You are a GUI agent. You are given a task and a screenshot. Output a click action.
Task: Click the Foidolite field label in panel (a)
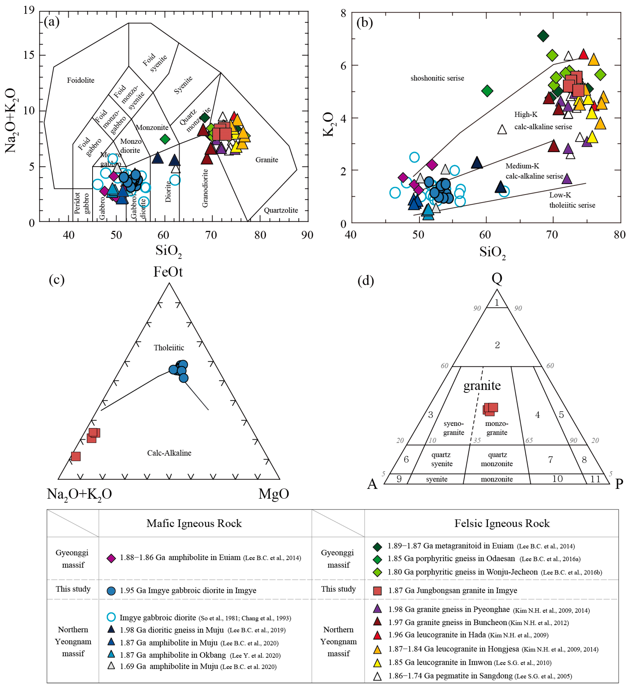point(80,80)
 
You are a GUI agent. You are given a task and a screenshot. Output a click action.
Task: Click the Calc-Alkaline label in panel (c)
point(169,453)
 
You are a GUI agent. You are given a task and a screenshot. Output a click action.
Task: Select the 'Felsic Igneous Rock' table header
point(502,523)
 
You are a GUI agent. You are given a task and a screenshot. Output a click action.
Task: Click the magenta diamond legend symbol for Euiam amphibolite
point(111,558)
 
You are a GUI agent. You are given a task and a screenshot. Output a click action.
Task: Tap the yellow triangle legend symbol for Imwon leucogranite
point(377,663)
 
